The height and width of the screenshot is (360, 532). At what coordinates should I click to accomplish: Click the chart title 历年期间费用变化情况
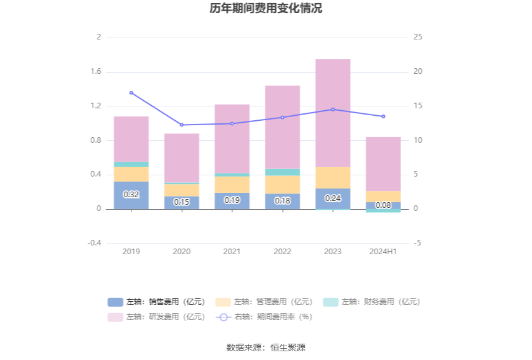266,9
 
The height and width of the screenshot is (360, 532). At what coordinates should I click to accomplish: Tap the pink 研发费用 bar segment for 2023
333,113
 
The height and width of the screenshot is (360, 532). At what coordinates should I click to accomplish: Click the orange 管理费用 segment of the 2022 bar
282,185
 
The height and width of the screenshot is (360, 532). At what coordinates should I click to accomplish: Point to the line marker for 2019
131,93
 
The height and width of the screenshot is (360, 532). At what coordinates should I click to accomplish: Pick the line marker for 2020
182,125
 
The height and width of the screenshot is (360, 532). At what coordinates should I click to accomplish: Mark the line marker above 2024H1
383,116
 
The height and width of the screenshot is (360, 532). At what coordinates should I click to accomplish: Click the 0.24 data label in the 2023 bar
333,198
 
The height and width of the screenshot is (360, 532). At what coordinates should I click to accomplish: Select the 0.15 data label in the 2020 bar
182,202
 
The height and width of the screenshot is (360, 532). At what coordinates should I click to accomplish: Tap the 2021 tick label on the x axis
232,251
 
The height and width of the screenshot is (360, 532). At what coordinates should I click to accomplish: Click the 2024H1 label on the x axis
383,251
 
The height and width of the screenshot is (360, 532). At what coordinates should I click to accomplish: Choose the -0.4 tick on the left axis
95,243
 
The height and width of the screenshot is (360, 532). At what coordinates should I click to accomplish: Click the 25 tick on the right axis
418,37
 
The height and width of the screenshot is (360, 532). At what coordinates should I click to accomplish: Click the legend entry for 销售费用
156,302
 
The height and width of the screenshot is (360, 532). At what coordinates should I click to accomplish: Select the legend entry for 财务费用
372,302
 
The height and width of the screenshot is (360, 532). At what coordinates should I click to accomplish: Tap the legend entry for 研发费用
156,317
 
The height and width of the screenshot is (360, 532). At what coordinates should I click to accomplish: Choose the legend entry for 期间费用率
264,317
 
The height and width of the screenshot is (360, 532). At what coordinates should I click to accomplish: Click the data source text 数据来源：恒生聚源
266,347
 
